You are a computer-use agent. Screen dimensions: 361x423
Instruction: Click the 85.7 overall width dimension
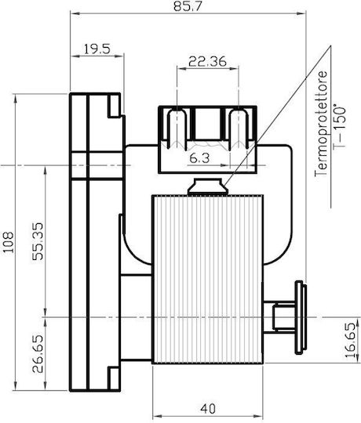[188, 6]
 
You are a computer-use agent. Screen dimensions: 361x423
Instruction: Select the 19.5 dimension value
[97, 49]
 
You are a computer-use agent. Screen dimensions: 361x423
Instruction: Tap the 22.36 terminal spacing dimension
[207, 62]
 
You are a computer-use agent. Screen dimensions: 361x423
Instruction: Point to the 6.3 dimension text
[199, 158]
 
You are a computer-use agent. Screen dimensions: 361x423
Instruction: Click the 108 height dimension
[8, 242]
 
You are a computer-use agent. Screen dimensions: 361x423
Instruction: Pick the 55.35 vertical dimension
[38, 241]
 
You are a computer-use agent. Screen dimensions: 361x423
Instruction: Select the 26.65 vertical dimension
[38, 353]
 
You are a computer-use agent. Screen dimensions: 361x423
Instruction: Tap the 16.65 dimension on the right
[351, 341]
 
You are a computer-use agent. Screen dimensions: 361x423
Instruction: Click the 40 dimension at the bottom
[208, 408]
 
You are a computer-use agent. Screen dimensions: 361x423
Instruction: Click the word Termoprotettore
[321, 124]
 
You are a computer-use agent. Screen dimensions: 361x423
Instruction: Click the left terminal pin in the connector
[177, 128]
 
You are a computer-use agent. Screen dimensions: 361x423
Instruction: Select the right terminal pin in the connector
[239, 128]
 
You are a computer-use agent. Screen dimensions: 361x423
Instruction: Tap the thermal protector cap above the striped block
[208, 186]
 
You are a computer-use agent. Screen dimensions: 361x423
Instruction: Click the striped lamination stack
[207, 279]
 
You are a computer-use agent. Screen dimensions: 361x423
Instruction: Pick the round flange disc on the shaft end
[301, 317]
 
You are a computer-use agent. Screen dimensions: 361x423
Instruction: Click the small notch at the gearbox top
[114, 106]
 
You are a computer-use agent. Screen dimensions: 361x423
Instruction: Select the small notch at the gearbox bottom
[114, 378]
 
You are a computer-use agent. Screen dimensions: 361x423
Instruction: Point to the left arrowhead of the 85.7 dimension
[75, 13]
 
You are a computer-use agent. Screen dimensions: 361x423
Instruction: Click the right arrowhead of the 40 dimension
[258, 416]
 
